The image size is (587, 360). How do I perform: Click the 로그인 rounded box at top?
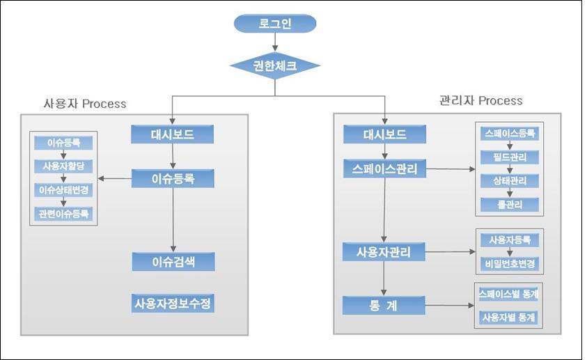pos(275,24)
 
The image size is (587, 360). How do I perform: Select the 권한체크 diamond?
pos(275,66)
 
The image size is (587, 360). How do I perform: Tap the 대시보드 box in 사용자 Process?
pos(172,134)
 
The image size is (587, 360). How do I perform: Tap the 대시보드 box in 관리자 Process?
pos(384,134)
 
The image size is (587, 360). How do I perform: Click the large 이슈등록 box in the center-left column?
pos(173,178)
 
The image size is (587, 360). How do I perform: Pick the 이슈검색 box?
pos(173,261)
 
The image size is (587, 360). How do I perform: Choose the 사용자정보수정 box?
pos(173,304)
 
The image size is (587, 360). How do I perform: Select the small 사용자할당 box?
pos(63,166)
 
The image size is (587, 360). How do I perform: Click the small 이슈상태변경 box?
pos(63,189)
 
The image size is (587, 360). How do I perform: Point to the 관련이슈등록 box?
pos(63,212)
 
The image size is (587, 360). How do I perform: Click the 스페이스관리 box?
pos(384,169)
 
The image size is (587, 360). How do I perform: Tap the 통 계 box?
pos(384,305)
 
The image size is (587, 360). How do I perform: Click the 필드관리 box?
pos(510,157)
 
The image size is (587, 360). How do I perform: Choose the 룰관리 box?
pos(510,204)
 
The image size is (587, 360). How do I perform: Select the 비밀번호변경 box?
pos(510,264)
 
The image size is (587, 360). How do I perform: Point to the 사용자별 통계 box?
pos(510,317)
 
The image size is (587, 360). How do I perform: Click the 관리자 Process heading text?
pos(480,100)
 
